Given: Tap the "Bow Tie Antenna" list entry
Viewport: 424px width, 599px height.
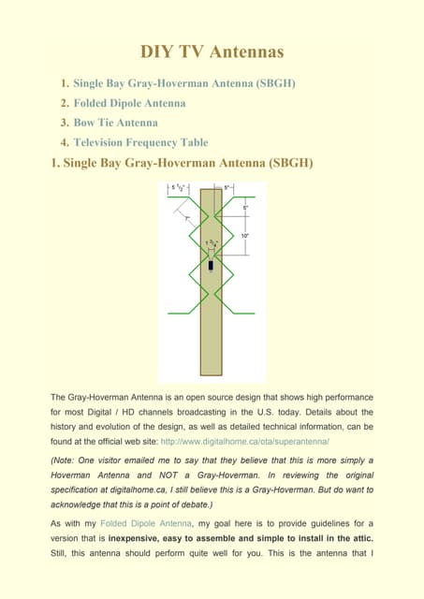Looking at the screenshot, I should [115, 123].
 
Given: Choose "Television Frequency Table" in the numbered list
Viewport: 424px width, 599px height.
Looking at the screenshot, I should [140, 143].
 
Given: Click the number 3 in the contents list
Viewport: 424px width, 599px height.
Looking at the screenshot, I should [64, 123].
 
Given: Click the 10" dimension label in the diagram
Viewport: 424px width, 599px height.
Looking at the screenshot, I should [244, 236].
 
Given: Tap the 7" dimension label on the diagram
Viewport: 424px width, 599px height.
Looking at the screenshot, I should [187, 219].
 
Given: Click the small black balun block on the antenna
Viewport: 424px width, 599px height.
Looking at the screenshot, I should [212, 267].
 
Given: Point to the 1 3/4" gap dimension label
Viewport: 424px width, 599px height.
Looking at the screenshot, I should [212, 243].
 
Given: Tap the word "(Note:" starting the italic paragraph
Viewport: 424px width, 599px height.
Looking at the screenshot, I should [66, 460].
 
